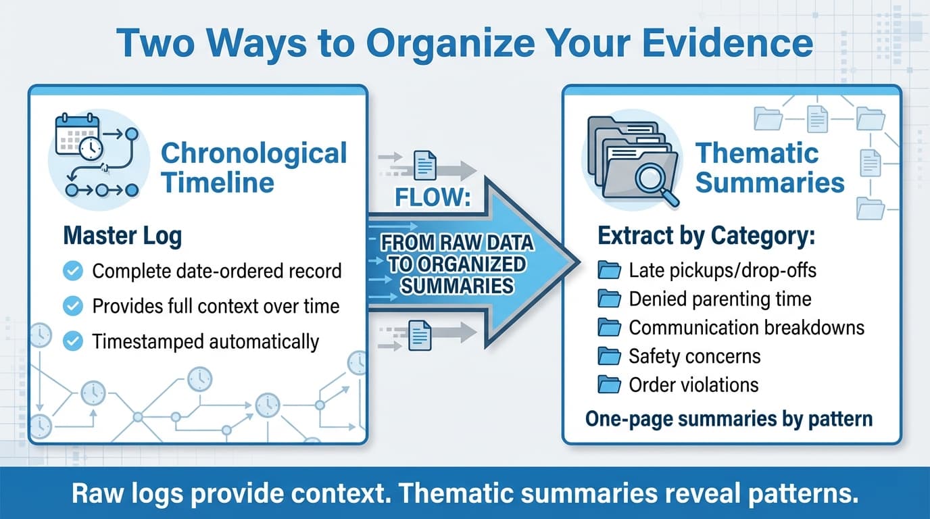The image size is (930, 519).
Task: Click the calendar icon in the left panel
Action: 76,135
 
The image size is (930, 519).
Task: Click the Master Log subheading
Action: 122,237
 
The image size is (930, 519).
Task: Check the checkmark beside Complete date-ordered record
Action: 72,272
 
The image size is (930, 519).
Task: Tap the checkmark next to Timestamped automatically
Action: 72,342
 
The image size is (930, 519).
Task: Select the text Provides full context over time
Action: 216,307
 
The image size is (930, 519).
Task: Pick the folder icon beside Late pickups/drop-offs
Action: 610,271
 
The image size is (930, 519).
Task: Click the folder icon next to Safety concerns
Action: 610,356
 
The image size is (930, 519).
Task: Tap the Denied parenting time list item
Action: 720,299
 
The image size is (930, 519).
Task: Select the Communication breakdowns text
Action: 746,328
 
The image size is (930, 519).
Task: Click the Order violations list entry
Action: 693,385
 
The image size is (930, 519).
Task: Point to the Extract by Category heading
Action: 706,237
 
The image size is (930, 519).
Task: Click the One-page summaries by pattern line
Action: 729,419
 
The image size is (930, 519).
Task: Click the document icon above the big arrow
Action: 425,164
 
